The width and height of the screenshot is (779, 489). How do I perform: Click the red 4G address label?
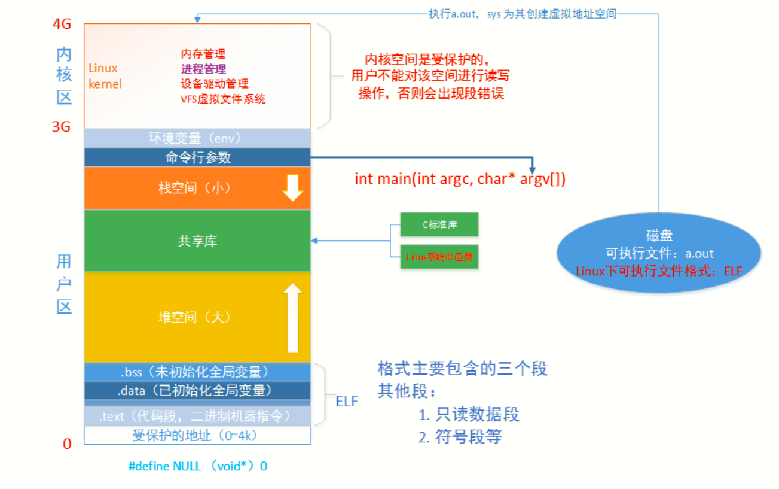click(62, 25)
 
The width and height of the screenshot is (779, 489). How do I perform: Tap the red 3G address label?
click(62, 126)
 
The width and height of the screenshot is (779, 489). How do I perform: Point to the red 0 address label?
click(67, 444)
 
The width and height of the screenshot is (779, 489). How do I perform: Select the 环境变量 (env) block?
click(197, 138)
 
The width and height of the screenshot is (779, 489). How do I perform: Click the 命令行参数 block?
click(197, 157)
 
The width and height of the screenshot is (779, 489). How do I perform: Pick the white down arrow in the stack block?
click(292, 188)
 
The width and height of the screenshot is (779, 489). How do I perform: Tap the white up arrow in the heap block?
click(292, 317)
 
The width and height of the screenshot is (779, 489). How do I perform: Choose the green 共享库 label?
click(197, 241)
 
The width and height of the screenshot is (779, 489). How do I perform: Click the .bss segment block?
click(197, 372)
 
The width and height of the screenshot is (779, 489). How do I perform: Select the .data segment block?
click(197, 391)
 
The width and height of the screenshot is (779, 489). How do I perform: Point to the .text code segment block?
click(197, 415)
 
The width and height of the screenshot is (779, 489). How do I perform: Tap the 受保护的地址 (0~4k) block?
click(197, 435)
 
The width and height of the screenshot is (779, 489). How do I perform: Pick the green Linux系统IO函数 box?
click(439, 257)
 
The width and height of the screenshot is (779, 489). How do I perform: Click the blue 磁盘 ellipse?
click(659, 253)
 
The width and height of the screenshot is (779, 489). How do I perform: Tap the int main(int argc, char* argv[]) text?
click(460, 179)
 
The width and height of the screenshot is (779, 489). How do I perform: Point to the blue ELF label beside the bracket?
click(346, 401)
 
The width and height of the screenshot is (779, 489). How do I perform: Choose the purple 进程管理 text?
click(203, 69)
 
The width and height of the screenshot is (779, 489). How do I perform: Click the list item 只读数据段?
click(468, 414)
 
